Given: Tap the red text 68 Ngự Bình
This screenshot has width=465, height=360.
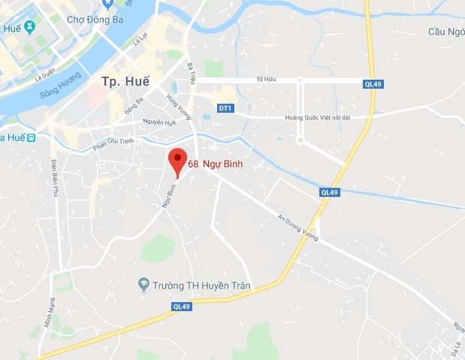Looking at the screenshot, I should click(219, 165).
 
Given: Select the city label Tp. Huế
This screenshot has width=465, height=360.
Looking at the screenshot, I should click(125, 82).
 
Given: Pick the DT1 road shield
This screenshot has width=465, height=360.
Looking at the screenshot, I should click(225, 109).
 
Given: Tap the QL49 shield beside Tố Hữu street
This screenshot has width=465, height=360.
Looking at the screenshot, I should click(373, 84).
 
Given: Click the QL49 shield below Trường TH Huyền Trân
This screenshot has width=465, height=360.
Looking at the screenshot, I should click(182, 306).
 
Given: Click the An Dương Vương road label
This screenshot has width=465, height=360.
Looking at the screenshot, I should click(297, 228).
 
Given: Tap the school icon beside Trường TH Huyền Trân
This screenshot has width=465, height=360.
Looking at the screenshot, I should click(144, 285).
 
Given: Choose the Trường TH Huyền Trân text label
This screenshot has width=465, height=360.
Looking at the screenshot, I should click(201, 286).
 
